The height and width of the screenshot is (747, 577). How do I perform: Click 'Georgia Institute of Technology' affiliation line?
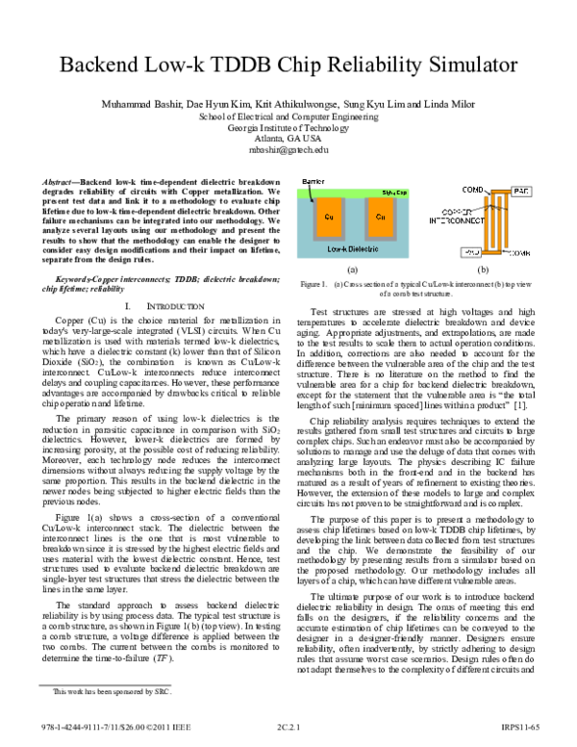[288, 127]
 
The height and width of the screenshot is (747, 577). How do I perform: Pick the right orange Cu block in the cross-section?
[380, 217]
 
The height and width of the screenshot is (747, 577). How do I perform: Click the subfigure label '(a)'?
[353, 271]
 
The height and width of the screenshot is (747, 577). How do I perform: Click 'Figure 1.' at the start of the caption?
[314, 286]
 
